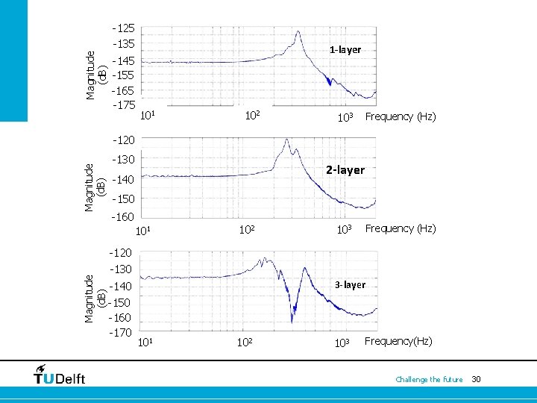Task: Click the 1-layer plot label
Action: (345, 50)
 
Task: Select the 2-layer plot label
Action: (345, 170)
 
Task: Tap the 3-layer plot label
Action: (350, 285)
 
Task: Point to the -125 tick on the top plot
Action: (124, 28)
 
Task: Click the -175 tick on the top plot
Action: (124, 105)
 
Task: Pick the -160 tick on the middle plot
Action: (122, 217)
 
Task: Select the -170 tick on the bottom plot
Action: (120, 332)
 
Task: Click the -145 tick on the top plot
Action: (124, 61)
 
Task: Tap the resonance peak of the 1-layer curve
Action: (298, 31)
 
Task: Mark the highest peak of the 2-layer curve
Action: (286, 140)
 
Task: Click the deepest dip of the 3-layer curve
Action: (292, 322)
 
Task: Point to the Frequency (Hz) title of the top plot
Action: (401, 116)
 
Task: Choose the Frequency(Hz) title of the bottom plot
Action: (398, 341)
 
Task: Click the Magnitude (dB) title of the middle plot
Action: (94, 187)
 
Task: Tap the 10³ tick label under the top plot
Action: (345, 117)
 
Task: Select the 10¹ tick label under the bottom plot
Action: (145, 342)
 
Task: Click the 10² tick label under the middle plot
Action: (247, 229)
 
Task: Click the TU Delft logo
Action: (59, 375)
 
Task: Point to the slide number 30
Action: (476, 379)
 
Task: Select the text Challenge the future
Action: (429, 379)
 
